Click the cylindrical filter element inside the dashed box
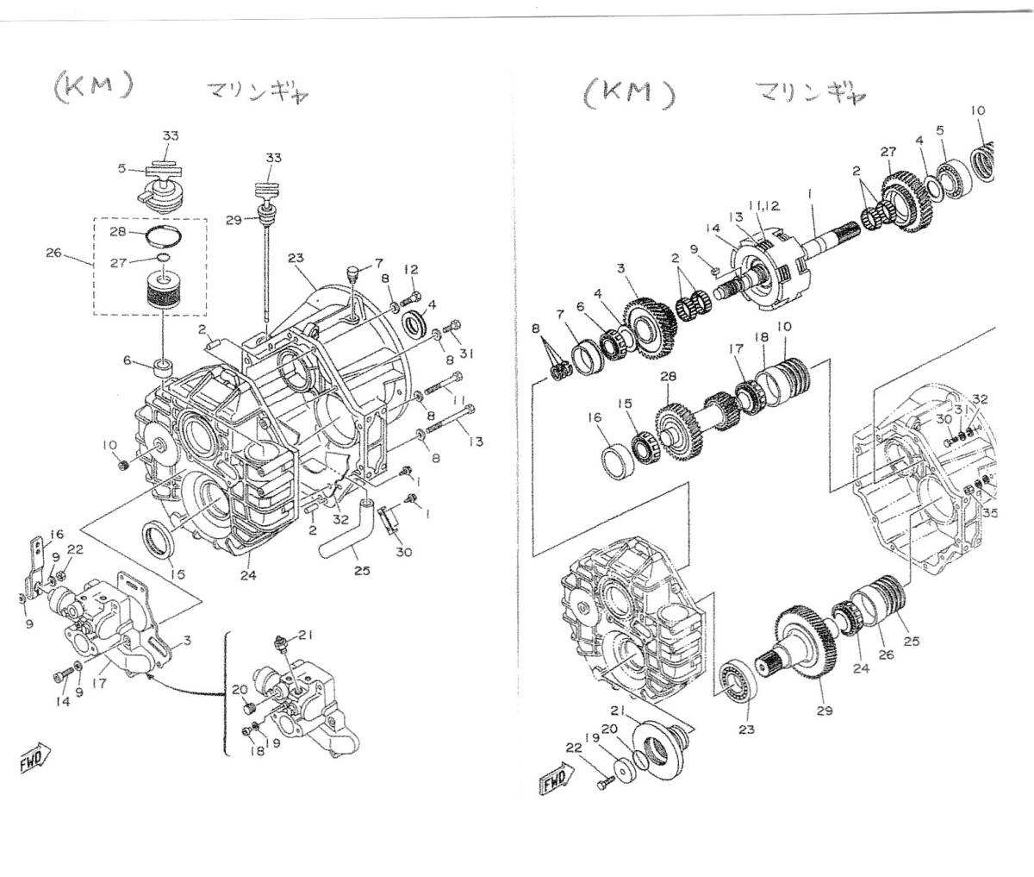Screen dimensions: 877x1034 click(163, 291)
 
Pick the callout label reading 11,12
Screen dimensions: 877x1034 click(763, 205)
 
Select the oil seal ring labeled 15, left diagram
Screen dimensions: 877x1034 click(157, 539)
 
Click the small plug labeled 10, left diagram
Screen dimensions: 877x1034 click(123, 465)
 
